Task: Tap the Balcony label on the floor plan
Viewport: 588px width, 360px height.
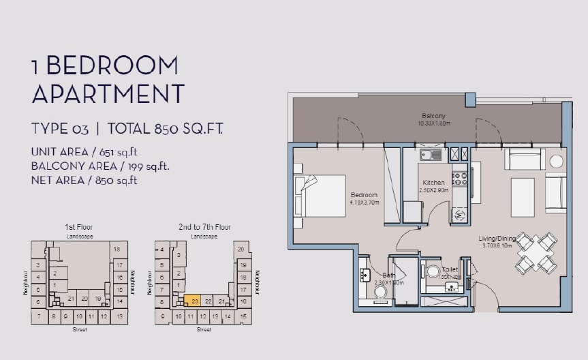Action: pyautogui.click(x=433, y=116)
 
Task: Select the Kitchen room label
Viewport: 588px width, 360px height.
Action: pyautogui.click(x=434, y=183)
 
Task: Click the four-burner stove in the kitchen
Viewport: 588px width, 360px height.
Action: pyautogui.click(x=459, y=179)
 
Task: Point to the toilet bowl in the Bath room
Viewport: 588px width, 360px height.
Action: pyautogui.click(x=382, y=292)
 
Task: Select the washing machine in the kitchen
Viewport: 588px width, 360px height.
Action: pyautogui.click(x=458, y=214)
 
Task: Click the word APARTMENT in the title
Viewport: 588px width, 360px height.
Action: pyautogui.click(x=108, y=93)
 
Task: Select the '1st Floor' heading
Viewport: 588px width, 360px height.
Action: pyautogui.click(x=78, y=226)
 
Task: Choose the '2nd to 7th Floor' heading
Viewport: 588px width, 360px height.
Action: pyautogui.click(x=204, y=226)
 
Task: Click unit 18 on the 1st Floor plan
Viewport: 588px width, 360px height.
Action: pyautogui.click(x=117, y=250)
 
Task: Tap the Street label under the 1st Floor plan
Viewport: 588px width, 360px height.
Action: pyautogui.click(x=80, y=329)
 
